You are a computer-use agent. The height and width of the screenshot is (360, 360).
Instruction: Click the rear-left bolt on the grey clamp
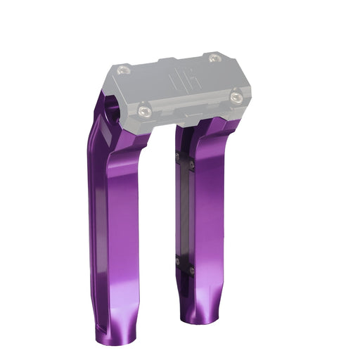pyautogui.click(x=124, y=69)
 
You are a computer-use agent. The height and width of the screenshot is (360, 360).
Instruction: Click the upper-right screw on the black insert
pyautogui.click(x=193, y=159)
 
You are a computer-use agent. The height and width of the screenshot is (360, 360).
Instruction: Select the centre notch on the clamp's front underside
pyautogui.click(x=188, y=111)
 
